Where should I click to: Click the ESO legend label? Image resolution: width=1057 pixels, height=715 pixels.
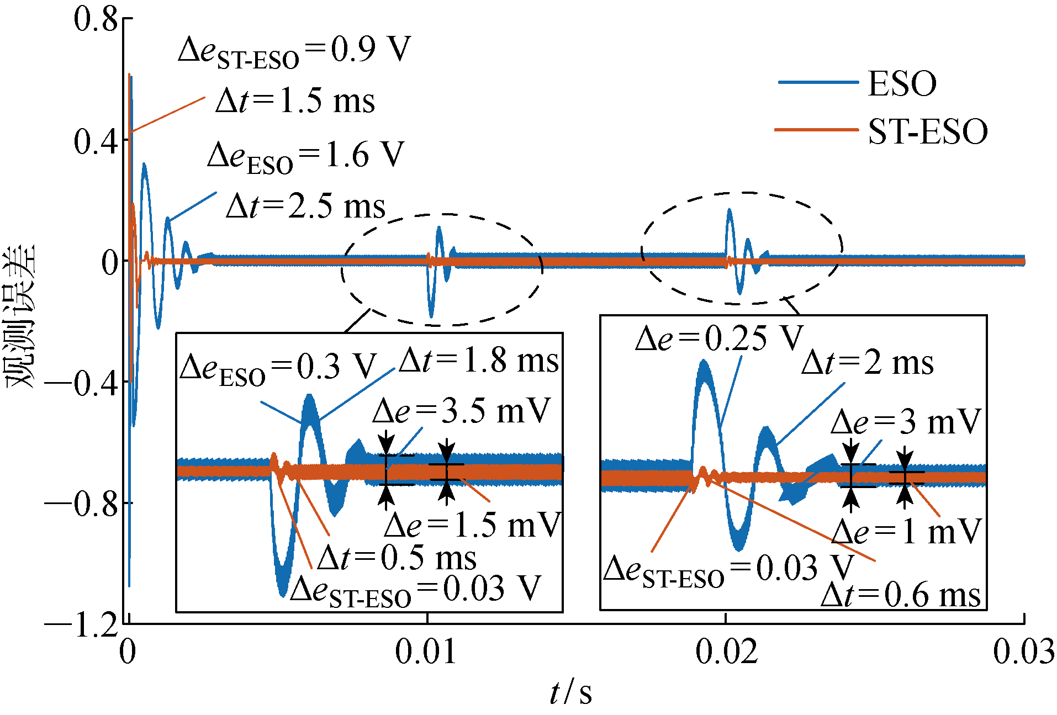tap(902, 84)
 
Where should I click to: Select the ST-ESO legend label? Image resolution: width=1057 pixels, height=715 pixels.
tap(928, 132)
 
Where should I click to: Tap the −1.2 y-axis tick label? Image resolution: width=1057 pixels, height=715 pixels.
tap(81, 625)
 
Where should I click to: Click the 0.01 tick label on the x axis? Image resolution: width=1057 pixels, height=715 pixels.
tap(426, 652)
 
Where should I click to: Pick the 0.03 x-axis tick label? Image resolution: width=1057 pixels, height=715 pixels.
tap(1023, 652)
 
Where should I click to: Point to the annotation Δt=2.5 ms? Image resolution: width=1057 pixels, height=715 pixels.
tap(305, 206)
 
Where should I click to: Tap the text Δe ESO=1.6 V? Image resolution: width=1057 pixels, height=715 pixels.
tap(306, 156)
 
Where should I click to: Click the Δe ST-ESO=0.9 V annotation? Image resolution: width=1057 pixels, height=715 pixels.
tap(294, 51)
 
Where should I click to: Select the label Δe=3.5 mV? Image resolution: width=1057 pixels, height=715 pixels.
tap(462, 411)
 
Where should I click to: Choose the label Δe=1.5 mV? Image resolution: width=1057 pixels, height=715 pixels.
tap(473, 525)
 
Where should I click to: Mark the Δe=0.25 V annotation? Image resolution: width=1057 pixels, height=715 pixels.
tap(719, 338)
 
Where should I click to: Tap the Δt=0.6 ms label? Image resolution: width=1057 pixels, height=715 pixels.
tap(901, 595)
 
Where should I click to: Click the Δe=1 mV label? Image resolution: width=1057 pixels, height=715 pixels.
tap(906, 532)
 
